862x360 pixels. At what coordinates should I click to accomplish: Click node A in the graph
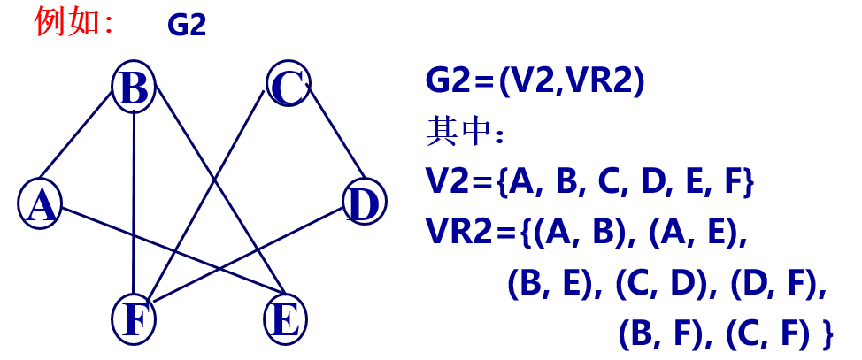(40, 204)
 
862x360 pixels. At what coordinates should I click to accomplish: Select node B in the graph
(134, 88)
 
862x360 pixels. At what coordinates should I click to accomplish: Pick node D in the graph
(363, 204)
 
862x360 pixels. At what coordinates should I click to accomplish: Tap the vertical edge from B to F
(134, 203)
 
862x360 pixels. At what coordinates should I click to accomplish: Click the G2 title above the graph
(186, 25)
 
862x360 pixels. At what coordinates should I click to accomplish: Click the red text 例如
(73, 21)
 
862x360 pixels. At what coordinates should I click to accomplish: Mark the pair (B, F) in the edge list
(665, 333)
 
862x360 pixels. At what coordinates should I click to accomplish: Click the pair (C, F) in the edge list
(767, 333)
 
